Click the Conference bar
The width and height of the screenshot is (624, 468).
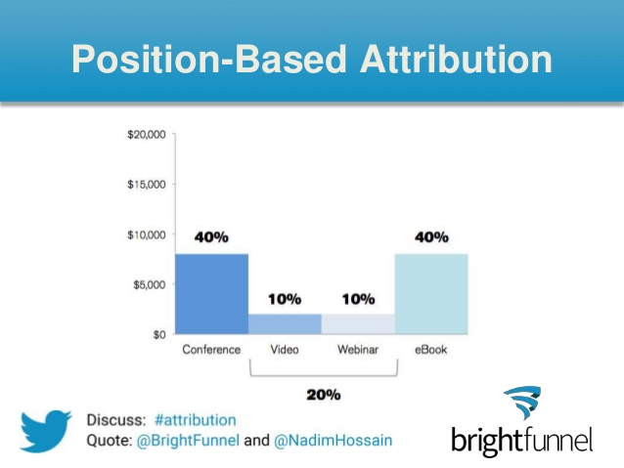[x=211, y=294]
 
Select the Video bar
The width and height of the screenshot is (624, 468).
[x=285, y=324]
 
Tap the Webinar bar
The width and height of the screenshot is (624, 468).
[x=358, y=324]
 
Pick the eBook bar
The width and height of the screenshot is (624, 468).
[x=431, y=294]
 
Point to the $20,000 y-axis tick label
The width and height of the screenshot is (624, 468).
[x=147, y=135]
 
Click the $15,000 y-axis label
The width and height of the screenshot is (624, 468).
[x=147, y=185]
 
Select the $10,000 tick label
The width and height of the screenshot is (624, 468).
[x=147, y=235]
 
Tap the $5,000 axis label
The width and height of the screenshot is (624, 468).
[x=150, y=284]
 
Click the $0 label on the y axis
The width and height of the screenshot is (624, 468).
[x=159, y=335]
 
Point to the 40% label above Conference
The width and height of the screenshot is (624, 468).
[x=211, y=237]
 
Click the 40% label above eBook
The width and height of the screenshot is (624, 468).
[x=431, y=237]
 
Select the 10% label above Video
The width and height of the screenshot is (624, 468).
[x=285, y=299]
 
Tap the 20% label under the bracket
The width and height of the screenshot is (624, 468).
[x=324, y=395]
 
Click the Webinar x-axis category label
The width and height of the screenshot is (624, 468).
[x=358, y=350]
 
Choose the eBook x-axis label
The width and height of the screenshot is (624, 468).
[x=431, y=350]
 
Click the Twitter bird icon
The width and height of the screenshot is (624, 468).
[x=46, y=431]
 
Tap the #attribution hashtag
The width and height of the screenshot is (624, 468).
[x=195, y=420]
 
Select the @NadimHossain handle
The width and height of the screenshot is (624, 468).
[x=334, y=441]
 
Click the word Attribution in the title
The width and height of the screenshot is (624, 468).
[x=456, y=59]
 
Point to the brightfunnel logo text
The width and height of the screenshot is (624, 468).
[x=521, y=441]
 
